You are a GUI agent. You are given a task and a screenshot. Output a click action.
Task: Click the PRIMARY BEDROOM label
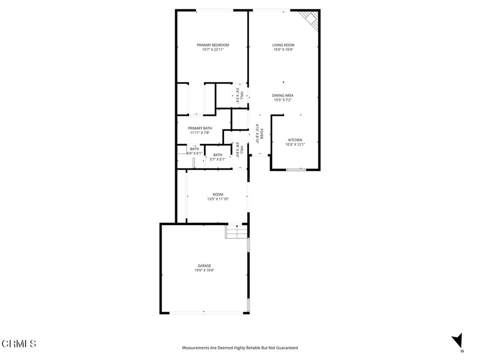click(x=213, y=45)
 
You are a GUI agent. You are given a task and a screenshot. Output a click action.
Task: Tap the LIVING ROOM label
click(x=283, y=45)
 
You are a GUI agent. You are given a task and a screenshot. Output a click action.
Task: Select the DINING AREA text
click(x=283, y=96)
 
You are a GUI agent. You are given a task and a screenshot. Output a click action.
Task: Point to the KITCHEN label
click(x=295, y=140)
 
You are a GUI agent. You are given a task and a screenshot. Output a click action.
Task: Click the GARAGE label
click(x=204, y=266)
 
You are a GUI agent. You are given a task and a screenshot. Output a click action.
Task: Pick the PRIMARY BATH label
click(x=200, y=128)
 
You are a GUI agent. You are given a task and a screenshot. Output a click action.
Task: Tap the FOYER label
click(x=262, y=134)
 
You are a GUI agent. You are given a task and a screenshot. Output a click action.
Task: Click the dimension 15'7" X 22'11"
click(x=213, y=49)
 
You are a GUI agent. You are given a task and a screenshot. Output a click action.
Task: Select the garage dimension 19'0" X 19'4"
click(x=204, y=270)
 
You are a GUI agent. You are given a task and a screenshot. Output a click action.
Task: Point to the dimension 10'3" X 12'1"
click(x=295, y=144)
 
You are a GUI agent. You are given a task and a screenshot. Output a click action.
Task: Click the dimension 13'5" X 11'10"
click(x=218, y=199)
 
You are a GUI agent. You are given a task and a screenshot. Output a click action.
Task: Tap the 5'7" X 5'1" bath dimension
click(x=217, y=159)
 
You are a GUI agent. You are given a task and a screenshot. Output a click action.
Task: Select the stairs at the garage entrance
click(x=236, y=232)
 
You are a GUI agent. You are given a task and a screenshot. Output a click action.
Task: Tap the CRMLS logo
click(x=19, y=344)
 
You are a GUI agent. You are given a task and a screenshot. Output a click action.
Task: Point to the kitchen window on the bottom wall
click(x=296, y=169)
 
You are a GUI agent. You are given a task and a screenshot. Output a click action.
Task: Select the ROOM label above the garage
click(x=218, y=195)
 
